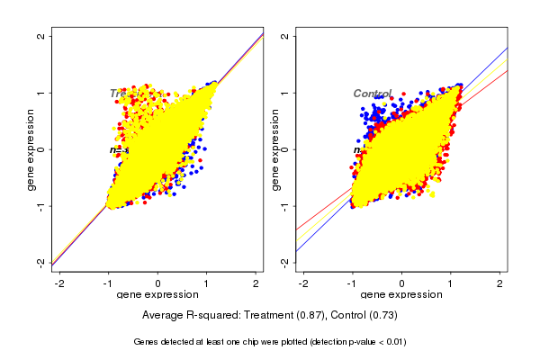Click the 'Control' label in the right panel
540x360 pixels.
pos(372,94)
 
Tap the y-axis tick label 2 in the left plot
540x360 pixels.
pos(40,36)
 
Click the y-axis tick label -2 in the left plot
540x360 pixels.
pos(40,262)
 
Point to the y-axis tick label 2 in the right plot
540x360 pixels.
pos(284,36)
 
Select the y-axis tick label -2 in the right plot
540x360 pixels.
pos(284,262)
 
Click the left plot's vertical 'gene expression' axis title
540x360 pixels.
pos(31,149)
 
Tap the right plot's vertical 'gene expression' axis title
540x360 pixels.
pos(274,149)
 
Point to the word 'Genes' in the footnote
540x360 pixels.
pos(147,342)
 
